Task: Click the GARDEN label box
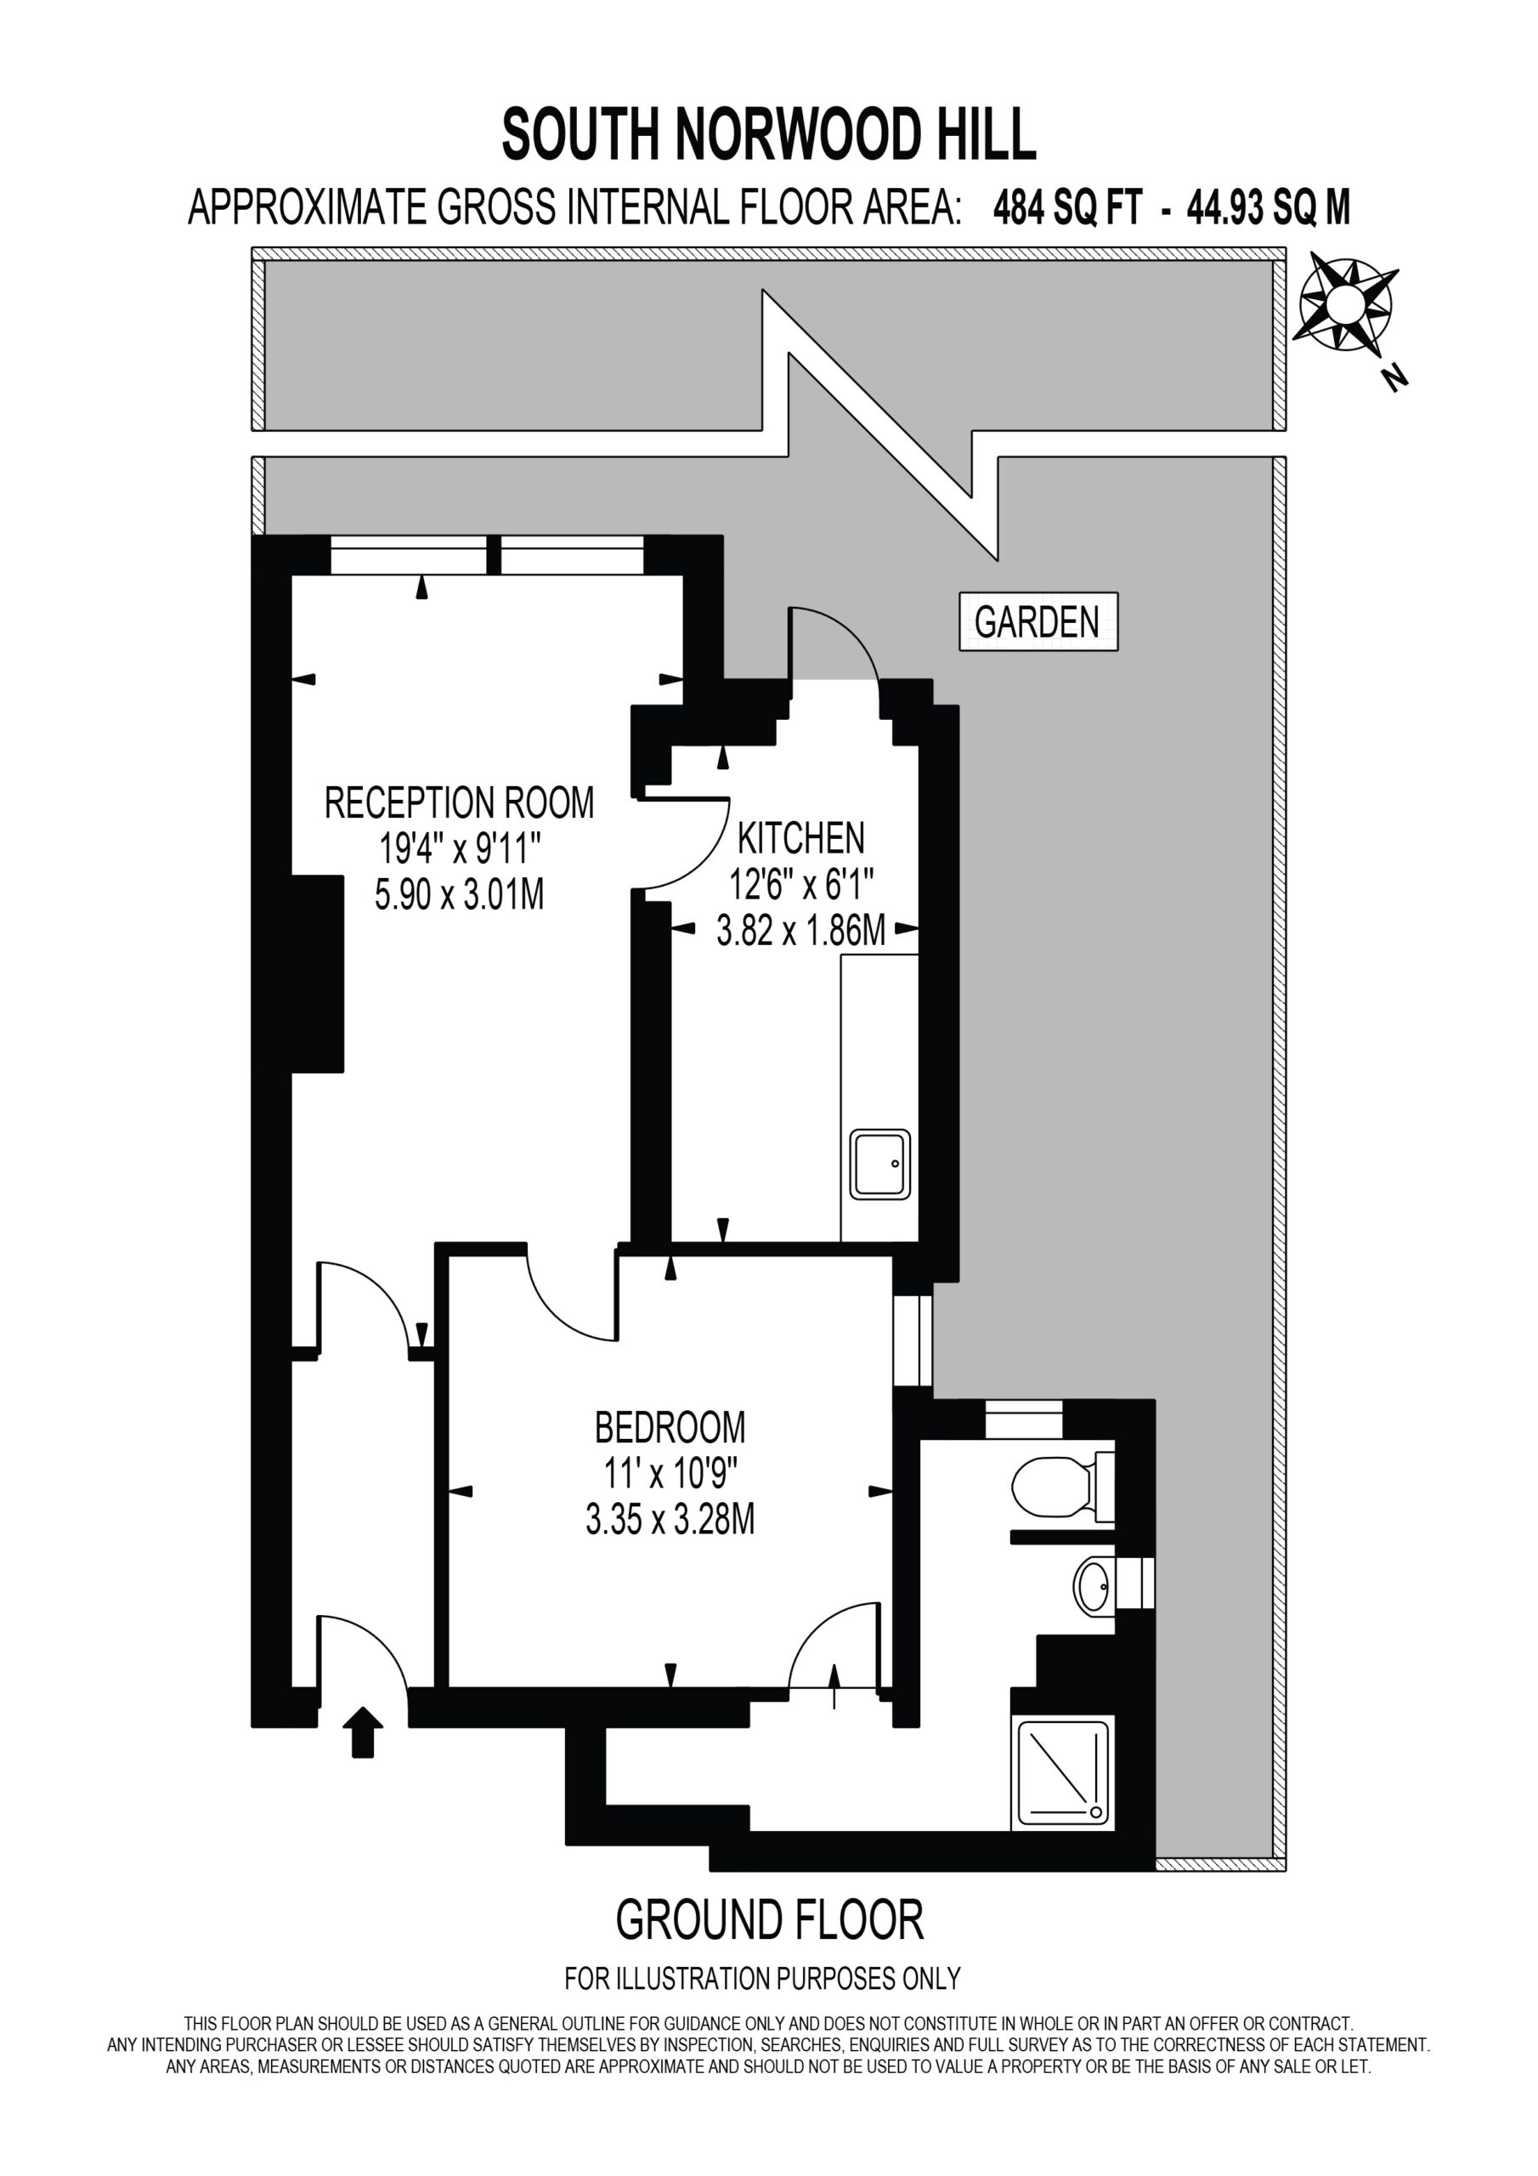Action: pos(1038,621)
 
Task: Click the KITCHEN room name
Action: pos(800,838)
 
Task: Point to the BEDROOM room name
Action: pos(670,1427)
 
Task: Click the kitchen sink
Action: pos(880,1164)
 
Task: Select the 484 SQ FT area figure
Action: pos(1067,207)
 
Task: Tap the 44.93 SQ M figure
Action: pos(1269,207)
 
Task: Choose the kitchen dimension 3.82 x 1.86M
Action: pos(800,932)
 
